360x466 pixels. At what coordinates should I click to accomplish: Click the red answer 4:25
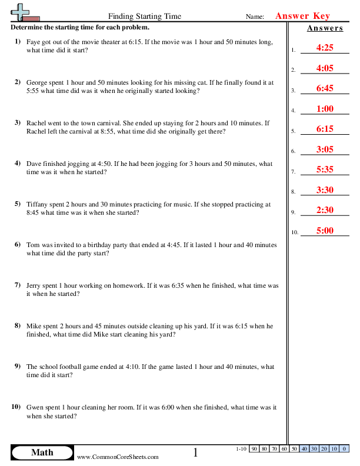tap(325, 48)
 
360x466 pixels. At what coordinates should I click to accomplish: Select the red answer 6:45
tap(325, 88)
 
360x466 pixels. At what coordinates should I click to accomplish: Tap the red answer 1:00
tap(325, 109)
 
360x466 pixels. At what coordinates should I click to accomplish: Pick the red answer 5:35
tap(325, 169)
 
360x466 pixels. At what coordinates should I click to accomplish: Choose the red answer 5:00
tap(325, 231)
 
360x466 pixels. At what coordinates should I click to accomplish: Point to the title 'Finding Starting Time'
tap(145, 16)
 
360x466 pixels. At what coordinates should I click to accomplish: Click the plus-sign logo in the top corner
tap(22, 12)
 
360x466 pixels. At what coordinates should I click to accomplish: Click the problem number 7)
tap(17, 285)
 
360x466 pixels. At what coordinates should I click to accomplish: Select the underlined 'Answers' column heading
tap(325, 28)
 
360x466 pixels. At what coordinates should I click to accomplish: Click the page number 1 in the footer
tap(196, 452)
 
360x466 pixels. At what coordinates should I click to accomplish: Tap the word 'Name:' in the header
tap(255, 17)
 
